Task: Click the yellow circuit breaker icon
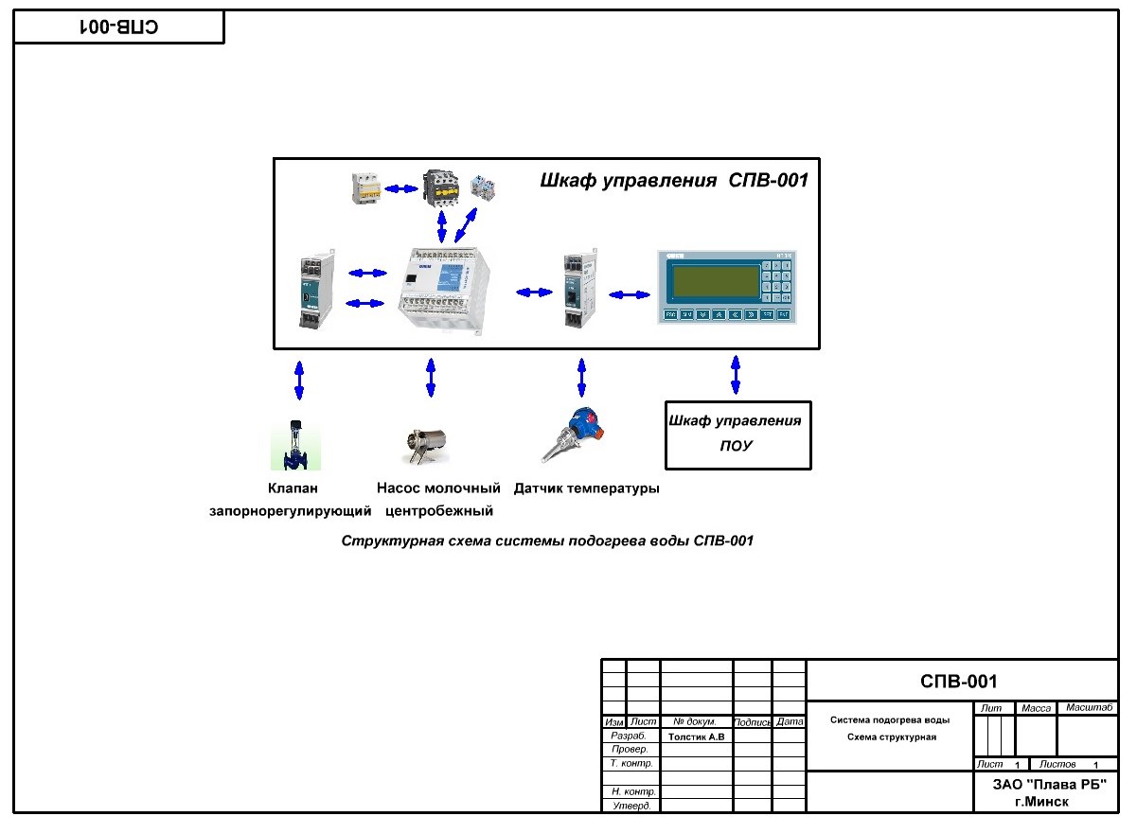pyautogui.click(x=364, y=186)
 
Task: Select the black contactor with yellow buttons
pyautogui.click(x=439, y=186)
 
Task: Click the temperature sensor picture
pyautogui.click(x=572, y=437)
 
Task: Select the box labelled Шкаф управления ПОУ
pyautogui.click(x=737, y=435)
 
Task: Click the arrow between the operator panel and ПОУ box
pyautogui.click(x=736, y=374)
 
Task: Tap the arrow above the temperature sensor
pyautogui.click(x=581, y=377)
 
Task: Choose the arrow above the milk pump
pyautogui.click(x=431, y=377)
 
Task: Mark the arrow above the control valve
pyautogui.click(x=299, y=381)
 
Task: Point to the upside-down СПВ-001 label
pyautogui.click(x=118, y=27)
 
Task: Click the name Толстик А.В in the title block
pyautogui.click(x=696, y=736)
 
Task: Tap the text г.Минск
pyautogui.click(x=1041, y=801)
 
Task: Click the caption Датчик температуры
pyautogui.click(x=586, y=489)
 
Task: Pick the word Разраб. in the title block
pyautogui.click(x=629, y=736)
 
